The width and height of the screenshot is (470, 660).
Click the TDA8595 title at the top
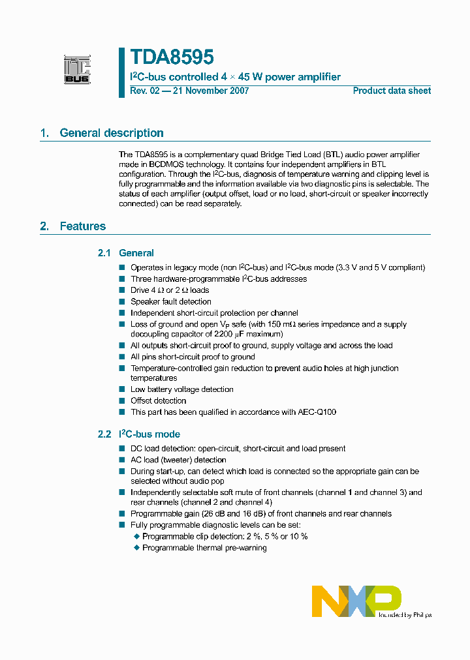172,58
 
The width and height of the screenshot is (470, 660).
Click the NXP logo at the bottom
356,601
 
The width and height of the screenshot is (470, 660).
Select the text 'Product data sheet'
392,91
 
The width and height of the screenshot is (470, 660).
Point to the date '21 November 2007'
211,91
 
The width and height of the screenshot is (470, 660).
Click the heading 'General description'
112,133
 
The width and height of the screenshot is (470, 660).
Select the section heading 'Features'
82,226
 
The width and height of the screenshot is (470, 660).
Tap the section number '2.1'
104,253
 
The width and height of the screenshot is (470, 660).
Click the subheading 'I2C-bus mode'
149,434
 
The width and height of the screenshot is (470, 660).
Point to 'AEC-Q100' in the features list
319,412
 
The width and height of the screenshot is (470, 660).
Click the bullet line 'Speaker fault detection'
171,301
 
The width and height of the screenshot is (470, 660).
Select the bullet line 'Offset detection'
158,400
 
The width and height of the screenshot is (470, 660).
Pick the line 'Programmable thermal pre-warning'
204,548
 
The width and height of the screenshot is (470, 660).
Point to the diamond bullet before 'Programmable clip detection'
137,536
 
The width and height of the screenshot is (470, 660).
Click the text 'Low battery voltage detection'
182,389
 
